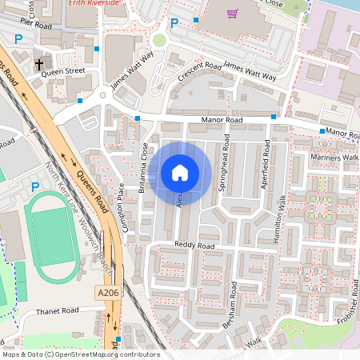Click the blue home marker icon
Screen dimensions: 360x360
[180, 172]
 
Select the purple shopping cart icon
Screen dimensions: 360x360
[233, 13]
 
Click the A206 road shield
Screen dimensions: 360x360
[110, 294]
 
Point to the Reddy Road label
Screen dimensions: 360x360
[196, 245]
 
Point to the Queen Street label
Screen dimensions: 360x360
[63, 70]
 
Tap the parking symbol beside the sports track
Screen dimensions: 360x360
[34, 186]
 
